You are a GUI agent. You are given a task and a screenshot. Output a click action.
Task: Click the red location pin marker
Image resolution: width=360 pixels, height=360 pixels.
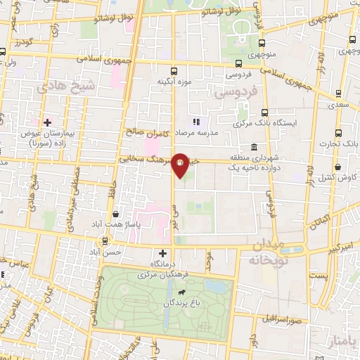(x=180, y=165)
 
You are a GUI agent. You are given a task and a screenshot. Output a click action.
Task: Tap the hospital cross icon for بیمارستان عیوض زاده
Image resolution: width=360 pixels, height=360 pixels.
(x=47, y=123)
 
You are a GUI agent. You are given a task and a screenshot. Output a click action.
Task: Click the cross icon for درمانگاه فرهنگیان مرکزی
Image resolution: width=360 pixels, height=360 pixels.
(x=163, y=253)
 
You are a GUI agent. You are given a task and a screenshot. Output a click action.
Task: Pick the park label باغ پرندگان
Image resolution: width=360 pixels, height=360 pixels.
(x=169, y=303)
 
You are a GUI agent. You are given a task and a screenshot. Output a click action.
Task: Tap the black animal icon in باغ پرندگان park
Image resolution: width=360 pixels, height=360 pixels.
(x=182, y=290)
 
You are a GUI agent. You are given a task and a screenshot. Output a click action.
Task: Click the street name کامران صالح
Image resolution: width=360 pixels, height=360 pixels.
(x=148, y=131)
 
